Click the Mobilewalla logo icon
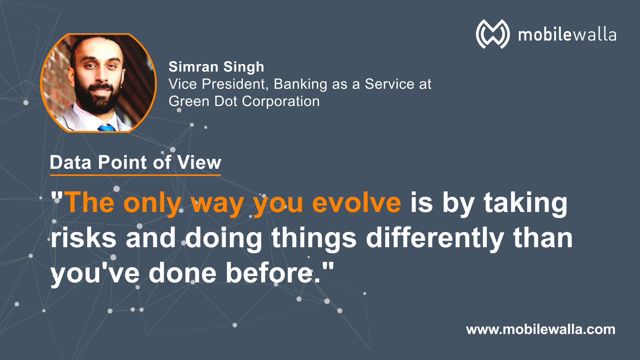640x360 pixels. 492,34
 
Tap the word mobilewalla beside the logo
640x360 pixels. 567,35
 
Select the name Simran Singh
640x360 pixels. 216,67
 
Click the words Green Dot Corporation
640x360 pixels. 244,102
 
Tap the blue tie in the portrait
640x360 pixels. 106,128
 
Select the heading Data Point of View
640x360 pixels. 136,162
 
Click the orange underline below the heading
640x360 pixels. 136,175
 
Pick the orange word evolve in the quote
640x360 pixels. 356,203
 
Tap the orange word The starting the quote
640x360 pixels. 90,202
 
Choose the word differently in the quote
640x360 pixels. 435,238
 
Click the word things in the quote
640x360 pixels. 314,238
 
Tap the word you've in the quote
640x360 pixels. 95,274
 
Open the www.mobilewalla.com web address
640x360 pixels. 540,330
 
